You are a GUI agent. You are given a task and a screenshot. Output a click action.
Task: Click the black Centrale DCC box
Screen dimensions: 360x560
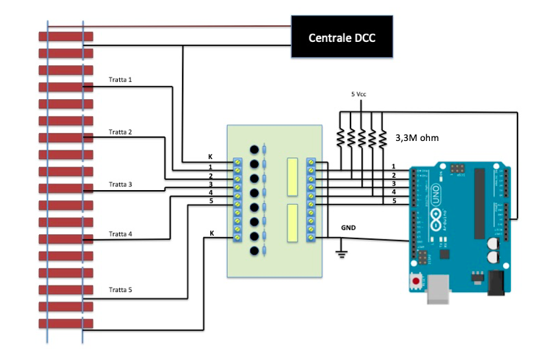tap(342, 38)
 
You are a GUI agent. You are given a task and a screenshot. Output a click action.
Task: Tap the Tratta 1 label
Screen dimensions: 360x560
tap(120, 79)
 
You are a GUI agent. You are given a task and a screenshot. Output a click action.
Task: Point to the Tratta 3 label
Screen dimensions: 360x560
tap(120, 184)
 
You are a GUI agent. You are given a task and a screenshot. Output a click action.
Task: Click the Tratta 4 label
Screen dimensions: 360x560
tap(120, 234)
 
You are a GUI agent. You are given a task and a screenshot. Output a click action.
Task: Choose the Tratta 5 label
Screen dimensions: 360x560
tap(120, 290)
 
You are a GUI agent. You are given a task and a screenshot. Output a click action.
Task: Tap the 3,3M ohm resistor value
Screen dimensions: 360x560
tap(417, 137)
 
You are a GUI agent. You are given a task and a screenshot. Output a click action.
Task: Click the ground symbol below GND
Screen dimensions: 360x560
tap(341, 253)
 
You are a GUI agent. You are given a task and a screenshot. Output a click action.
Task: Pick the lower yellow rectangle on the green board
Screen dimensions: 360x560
tap(293, 223)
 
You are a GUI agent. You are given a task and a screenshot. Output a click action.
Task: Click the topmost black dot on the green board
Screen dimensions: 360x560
tap(254, 150)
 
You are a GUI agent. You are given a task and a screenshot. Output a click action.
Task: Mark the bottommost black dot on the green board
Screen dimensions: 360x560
tap(254, 251)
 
